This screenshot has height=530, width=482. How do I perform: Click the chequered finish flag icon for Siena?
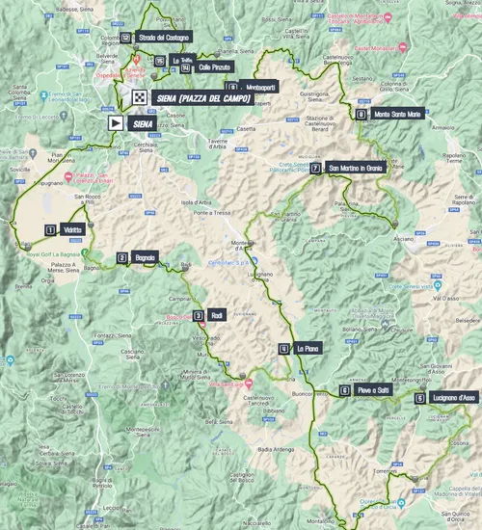coord(140,97)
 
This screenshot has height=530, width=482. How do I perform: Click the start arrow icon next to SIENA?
coord(115,122)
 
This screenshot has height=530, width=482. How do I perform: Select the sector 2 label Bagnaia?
coord(143,257)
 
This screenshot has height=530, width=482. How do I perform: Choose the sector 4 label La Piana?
coord(308,349)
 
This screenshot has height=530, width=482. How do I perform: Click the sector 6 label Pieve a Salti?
coord(371,390)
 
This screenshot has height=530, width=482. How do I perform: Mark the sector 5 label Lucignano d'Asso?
coord(453,398)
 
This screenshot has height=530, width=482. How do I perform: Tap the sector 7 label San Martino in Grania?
coord(356,167)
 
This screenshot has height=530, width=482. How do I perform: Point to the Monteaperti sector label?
coord(254,86)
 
